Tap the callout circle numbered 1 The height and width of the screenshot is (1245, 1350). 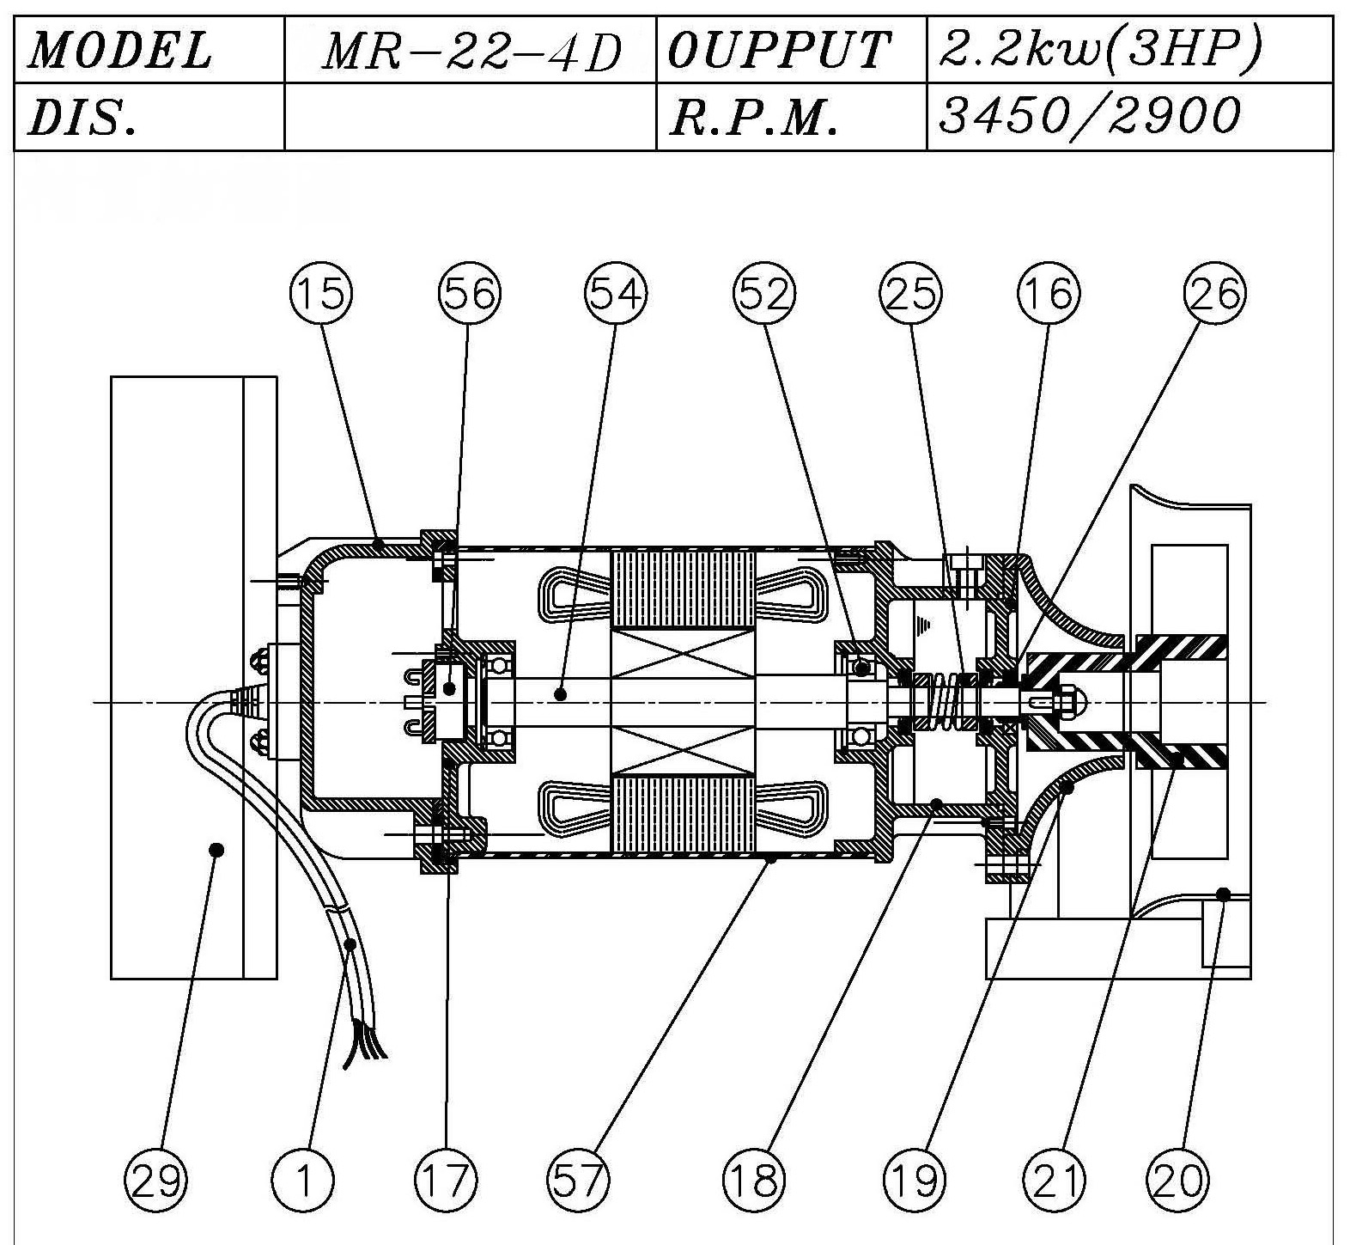point(303,1180)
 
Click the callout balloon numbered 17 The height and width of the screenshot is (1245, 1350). point(446,1180)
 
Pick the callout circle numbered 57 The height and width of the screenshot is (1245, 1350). point(578,1180)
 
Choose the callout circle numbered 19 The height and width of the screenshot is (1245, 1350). point(915,1180)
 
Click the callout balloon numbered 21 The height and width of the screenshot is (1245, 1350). point(1055,1180)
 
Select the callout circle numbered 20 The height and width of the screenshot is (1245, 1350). point(1178,1180)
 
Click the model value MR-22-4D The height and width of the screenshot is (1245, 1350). point(471,52)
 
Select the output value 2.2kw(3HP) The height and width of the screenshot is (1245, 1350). point(1101,51)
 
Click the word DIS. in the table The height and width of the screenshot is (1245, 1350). point(82,118)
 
